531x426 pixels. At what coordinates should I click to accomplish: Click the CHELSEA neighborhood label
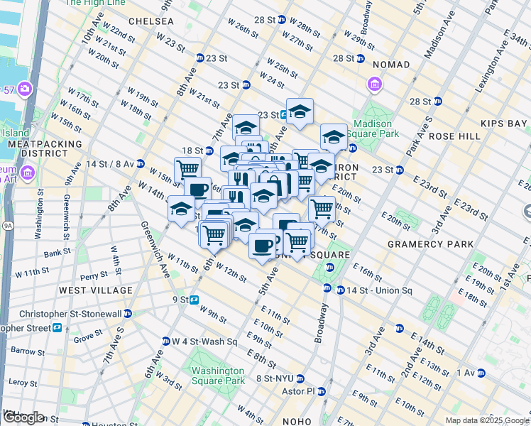click(x=151, y=21)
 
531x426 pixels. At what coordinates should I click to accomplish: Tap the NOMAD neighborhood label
click(x=389, y=65)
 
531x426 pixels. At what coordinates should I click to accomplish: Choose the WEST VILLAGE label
click(x=96, y=290)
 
